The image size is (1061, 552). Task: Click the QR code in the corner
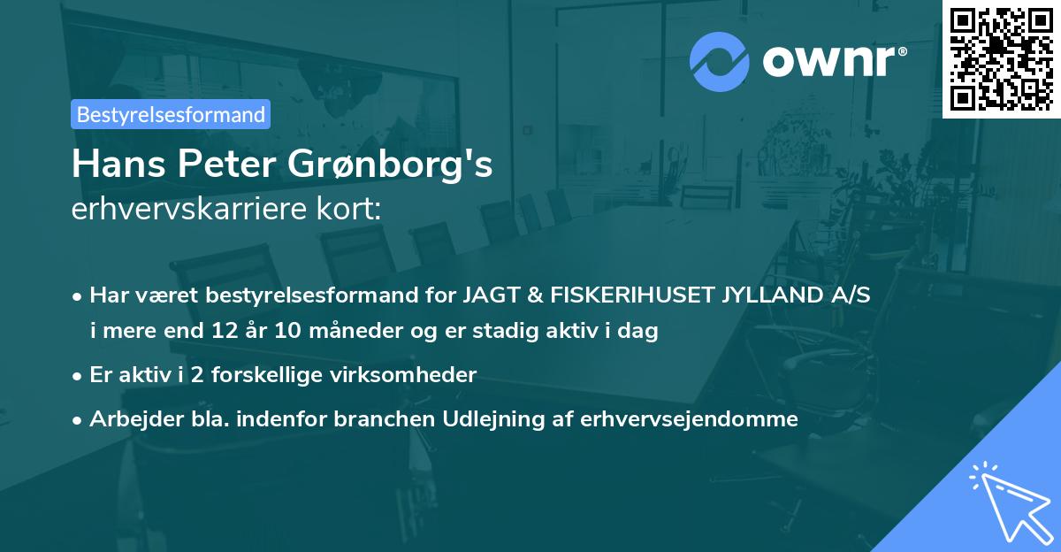pyautogui.click(x=1002, y=58)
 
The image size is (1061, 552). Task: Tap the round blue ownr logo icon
pyautogui.click(x=720, y=61)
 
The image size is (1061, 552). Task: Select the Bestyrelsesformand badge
pyautogui.click(x=171, y=114)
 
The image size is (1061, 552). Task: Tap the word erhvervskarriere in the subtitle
pyautogui.click(x=182, y=210)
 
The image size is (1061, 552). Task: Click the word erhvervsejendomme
pyautogui.click(x=690, y=419)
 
